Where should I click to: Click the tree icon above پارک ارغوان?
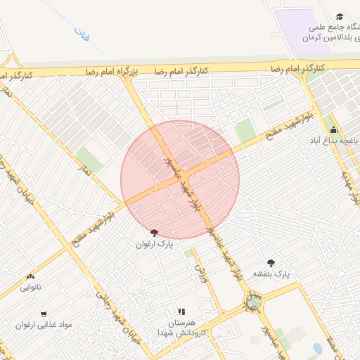click(x=154, y=233)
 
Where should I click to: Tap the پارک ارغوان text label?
click(x=154, y=244)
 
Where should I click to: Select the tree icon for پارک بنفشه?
click(x=271, y=262)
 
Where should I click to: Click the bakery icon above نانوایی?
click(x=30, y=277)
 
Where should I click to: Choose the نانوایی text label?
click(x=30, y=288)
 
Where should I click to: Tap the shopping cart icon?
click(x=44, y=314)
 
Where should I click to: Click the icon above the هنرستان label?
click(x=181, y=311)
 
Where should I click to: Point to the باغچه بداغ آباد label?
click(x=335, y=141)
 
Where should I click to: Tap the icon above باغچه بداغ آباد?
click(x=333, y=130)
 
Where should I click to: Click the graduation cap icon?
click(x=340, y=16)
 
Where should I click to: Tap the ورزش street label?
click(x=202, y=274)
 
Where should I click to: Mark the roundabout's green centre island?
click(x=252, y=301)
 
